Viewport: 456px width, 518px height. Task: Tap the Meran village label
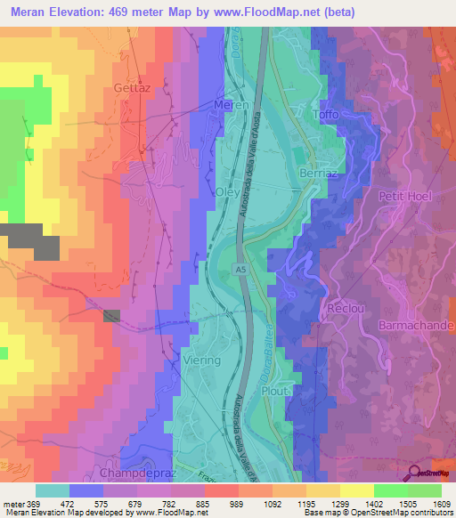point(231,104)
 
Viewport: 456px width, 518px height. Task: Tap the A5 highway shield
point(241,268)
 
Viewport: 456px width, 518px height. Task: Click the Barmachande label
point(417,327)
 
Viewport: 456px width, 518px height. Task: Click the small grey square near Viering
point(111,315)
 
